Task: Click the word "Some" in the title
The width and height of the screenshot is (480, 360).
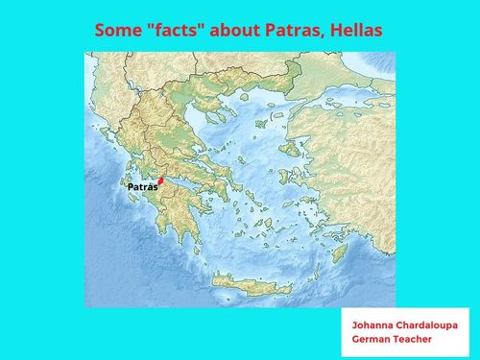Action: click(117, 31)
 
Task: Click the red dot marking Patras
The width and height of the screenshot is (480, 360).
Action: click(162, 180)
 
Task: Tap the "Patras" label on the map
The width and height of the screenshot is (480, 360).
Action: click(141, 187)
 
